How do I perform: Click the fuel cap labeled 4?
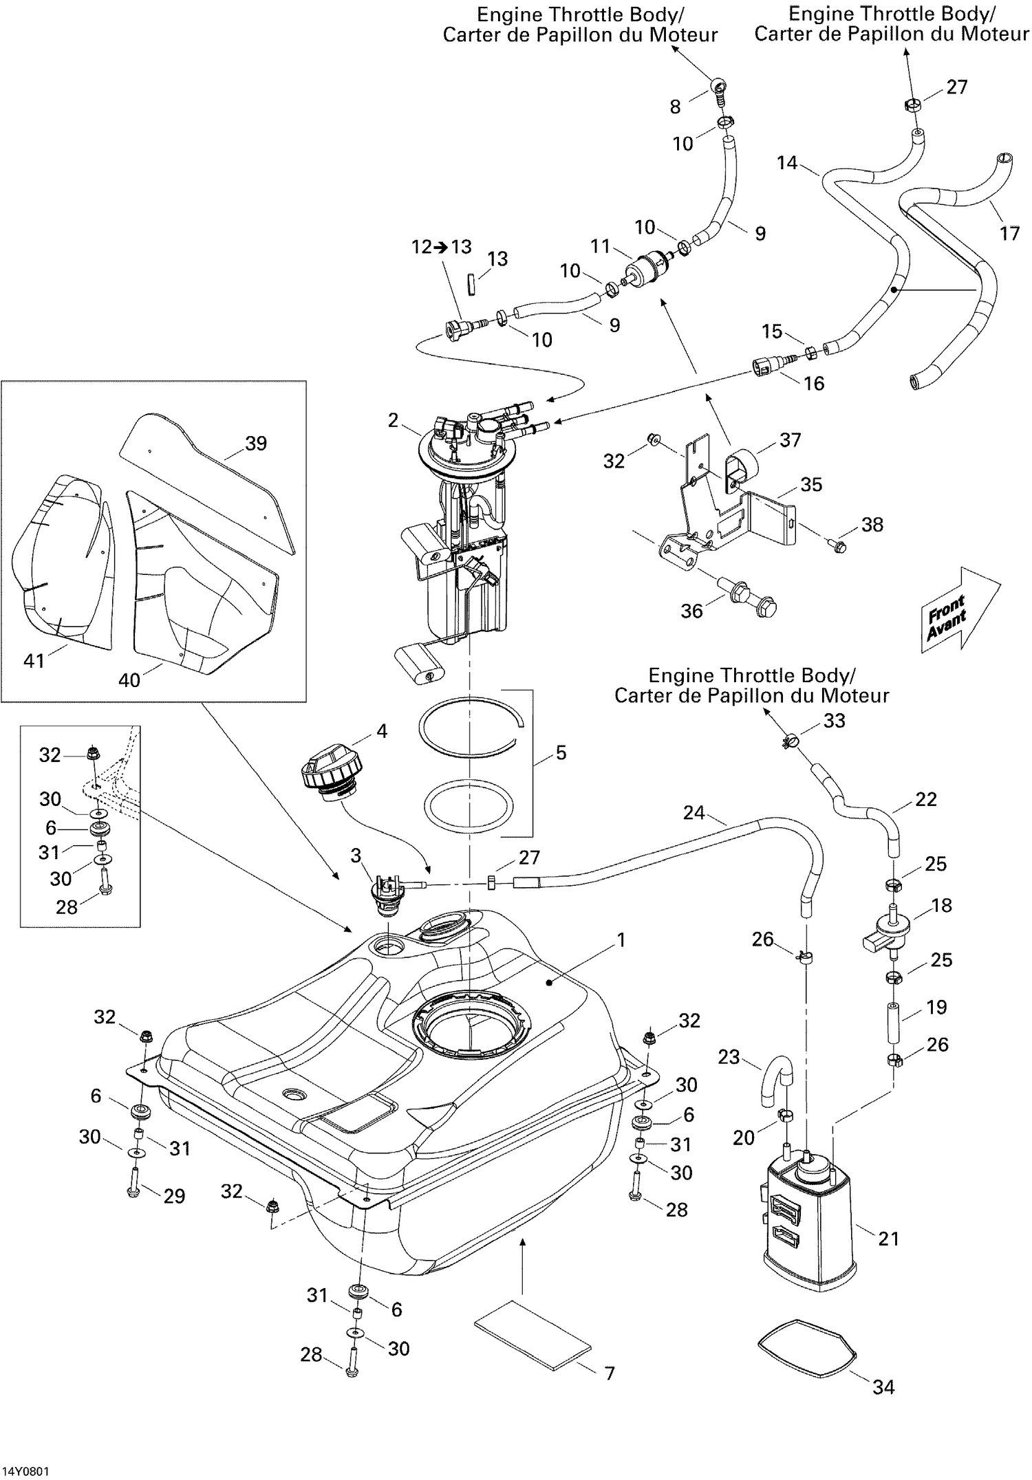pos(329,776)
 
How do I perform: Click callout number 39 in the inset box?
pos(255,444)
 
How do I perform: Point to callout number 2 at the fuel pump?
pos(393,420)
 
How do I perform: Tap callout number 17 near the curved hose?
pos(1009,233)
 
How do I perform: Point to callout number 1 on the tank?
pos(621,939)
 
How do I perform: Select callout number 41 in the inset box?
pos(34,660)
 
